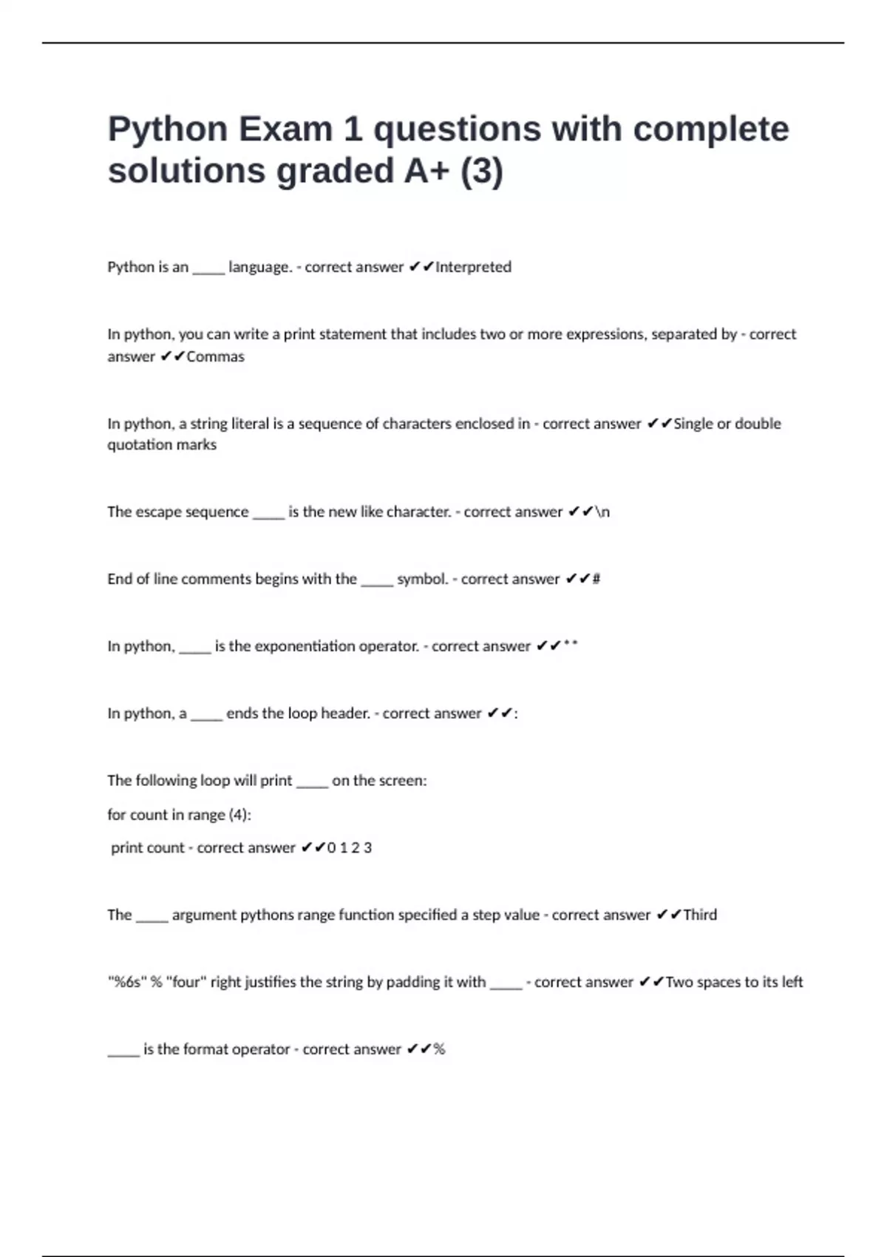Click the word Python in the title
168,129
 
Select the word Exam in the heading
285,129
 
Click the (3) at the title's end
481,171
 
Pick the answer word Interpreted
473,267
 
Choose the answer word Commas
215,356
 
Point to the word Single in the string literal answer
693,424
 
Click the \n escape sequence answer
602,512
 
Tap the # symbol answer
597,579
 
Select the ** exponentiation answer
570,645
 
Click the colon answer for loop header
516,714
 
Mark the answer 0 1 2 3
350,848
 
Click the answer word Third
700,915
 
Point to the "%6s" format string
126,982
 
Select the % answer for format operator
440,1049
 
